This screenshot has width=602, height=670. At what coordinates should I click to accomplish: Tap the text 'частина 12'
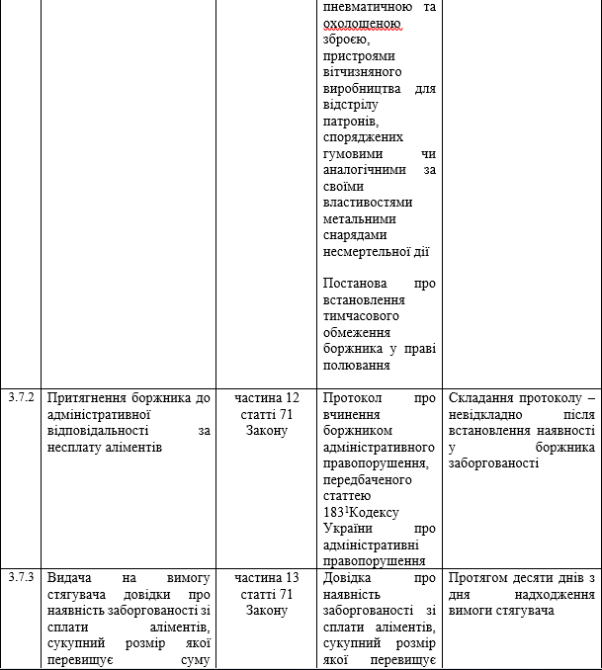(267, 398)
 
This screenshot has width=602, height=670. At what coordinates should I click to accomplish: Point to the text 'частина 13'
(267, 578)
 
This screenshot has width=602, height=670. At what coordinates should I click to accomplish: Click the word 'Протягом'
(481, 578)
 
